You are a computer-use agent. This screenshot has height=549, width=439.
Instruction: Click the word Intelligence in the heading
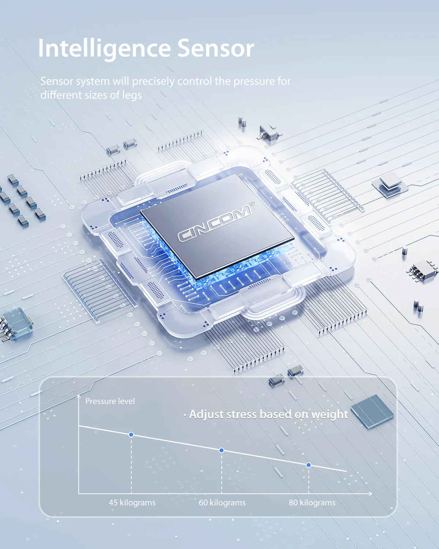104,48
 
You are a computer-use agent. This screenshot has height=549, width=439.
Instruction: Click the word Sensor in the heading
215,48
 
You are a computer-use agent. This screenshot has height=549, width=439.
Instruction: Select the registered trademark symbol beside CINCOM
252,203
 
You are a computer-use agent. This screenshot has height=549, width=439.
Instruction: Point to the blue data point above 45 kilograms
131,434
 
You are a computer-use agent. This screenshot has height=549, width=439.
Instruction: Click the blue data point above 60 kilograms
221,450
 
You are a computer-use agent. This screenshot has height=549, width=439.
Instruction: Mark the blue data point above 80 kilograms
308,465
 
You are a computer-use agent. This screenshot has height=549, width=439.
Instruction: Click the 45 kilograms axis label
132,503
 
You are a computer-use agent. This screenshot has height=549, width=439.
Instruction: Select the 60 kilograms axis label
222,503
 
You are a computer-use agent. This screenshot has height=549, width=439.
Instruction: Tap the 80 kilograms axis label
312,503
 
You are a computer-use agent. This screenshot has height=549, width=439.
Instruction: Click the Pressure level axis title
110,401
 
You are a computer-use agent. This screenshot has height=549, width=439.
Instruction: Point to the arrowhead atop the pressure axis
79,396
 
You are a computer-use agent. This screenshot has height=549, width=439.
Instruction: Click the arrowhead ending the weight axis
370,494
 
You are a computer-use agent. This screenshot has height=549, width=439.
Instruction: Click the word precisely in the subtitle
153,82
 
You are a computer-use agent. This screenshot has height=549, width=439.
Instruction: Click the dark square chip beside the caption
372,412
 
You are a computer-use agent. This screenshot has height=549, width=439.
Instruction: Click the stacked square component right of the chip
390,184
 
